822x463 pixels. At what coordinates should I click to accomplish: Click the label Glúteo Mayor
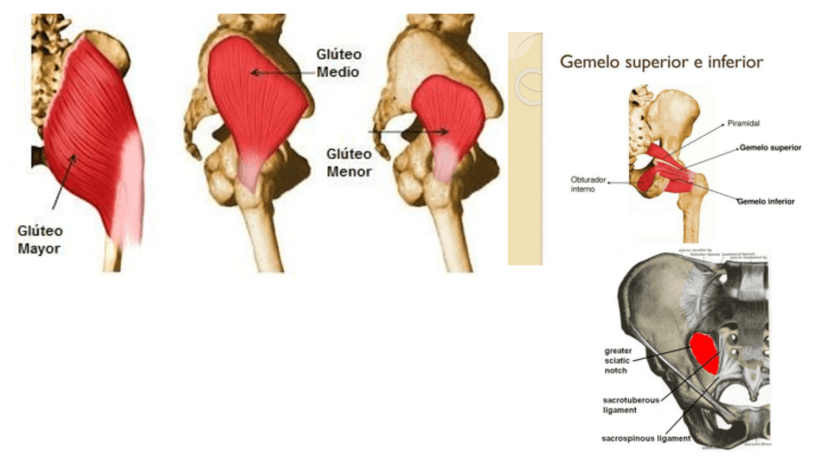(x=40, y=240)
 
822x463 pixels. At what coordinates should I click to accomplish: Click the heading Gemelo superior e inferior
(x=661, y=62)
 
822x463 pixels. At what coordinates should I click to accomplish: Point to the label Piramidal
(x=743, y=125)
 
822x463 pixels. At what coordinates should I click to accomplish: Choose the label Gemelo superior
(x=770, y=148)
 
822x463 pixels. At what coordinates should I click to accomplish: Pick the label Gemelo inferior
(x=766, y=201)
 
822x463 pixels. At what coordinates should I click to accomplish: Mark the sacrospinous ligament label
(x=645, y=438)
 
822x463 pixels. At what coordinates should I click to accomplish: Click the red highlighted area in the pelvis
(x=705, y=352)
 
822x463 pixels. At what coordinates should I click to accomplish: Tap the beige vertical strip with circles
(x=524, y=146)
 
